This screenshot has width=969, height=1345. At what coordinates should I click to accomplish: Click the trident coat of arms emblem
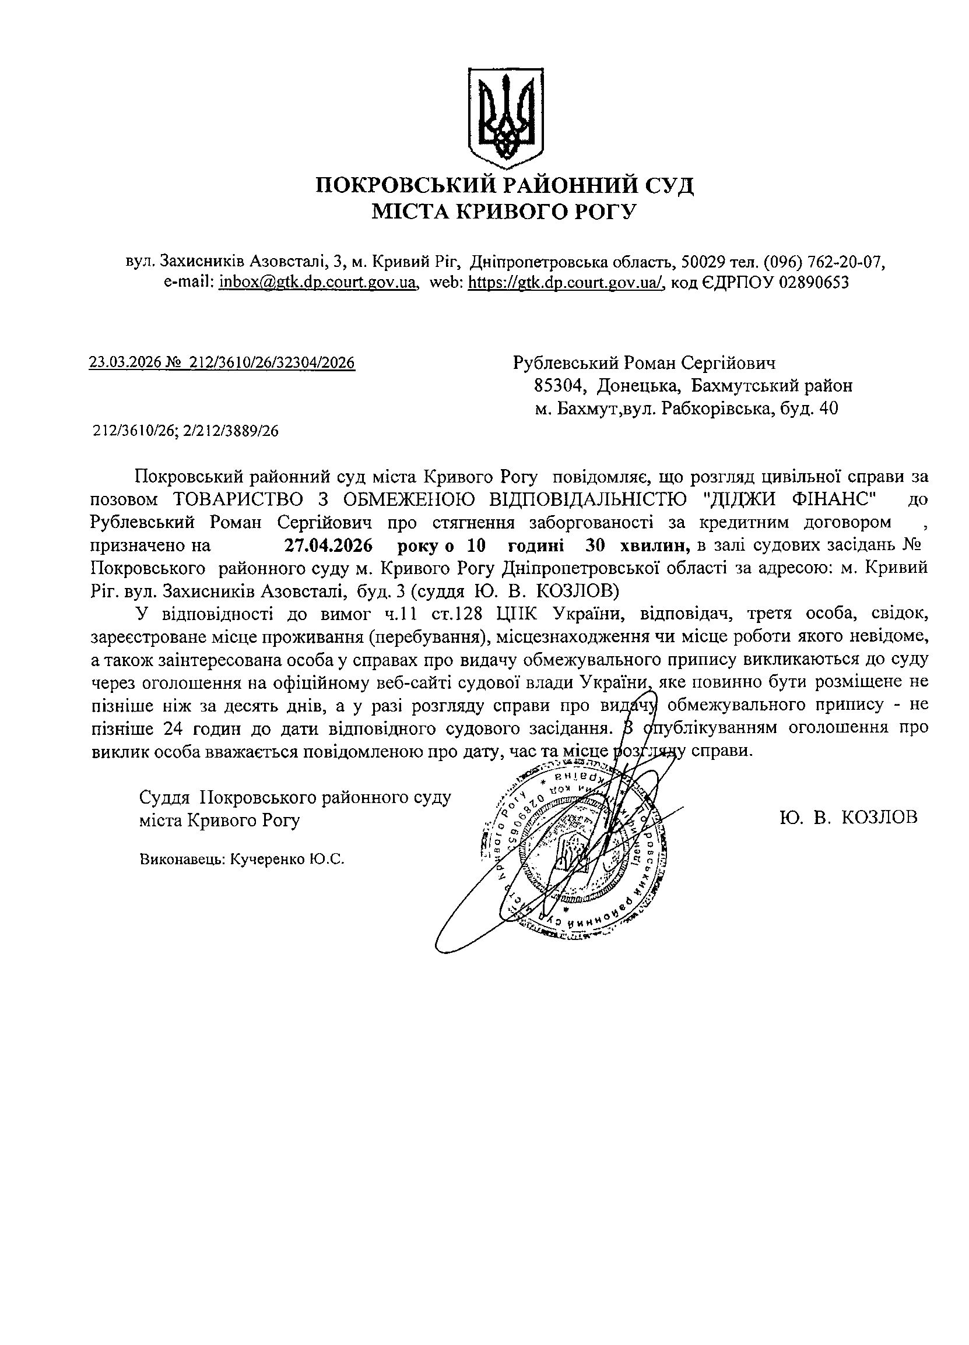tap(505, 116)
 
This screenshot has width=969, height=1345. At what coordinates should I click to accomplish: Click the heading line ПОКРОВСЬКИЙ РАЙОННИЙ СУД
tap(504, 186)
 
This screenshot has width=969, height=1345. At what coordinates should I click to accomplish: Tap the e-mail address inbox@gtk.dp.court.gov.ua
tap(319, 282)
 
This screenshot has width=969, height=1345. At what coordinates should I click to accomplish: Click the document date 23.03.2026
tap(125, 362)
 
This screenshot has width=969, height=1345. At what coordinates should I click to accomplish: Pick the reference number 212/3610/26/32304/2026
tap(272, 362)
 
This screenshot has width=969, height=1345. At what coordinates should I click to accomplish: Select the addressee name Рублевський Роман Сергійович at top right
tap(644, 362)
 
